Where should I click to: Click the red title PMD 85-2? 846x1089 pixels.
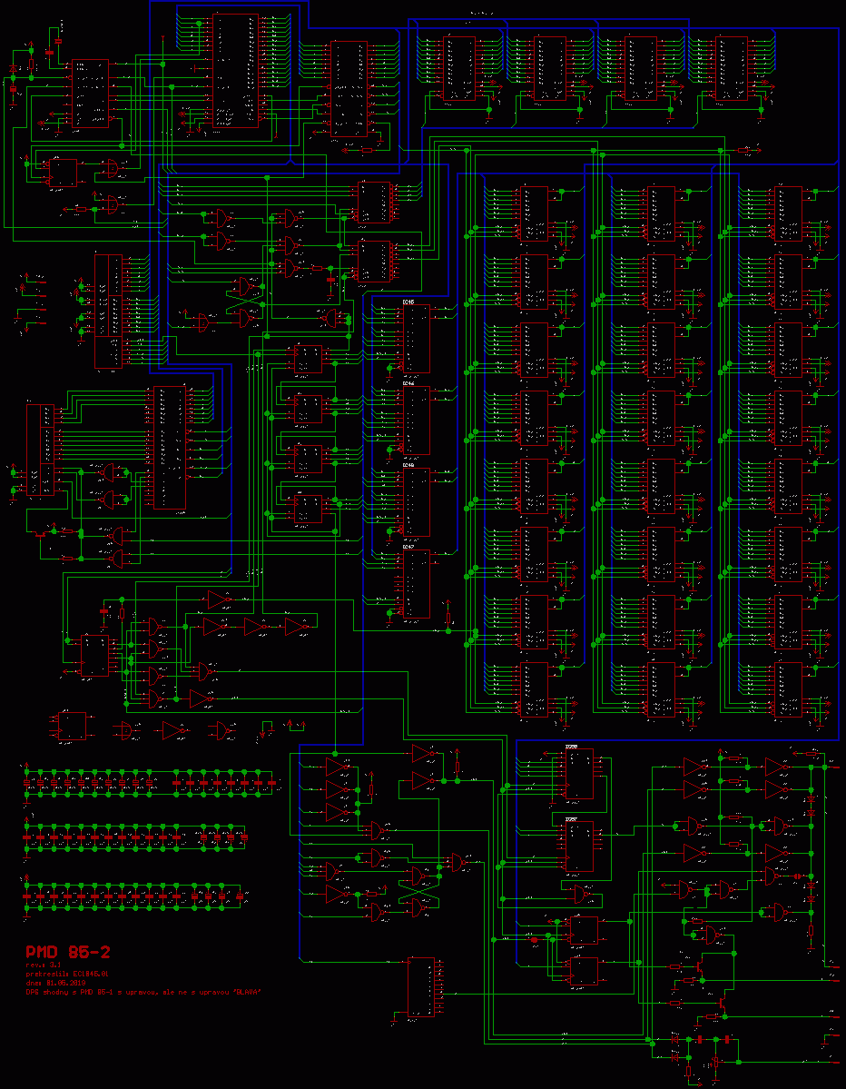68,952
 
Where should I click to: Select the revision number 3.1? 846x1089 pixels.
54,965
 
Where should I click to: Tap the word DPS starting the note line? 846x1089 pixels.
32,992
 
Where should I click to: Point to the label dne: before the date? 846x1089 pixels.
34,983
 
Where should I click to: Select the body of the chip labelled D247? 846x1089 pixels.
417,586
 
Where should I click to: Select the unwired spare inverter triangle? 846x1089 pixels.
172,730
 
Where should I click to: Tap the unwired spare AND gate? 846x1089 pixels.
127,730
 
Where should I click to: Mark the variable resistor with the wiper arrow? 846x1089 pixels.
40,535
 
